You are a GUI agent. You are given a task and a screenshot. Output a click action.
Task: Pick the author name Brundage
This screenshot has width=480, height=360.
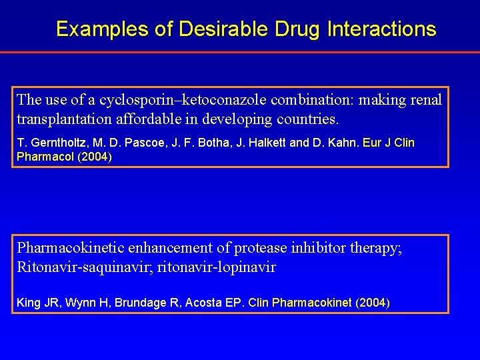[x=141, y=303]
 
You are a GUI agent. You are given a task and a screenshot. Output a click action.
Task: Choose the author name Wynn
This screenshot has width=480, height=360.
[x=73, y=303]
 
